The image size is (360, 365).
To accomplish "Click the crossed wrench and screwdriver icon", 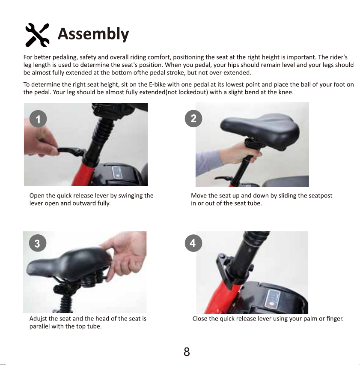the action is [x=37, y=35].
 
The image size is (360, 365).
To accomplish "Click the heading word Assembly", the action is [x=93, y=34].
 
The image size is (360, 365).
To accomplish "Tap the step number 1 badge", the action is [x=38, y=119].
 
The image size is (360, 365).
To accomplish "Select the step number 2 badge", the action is [x=193, y=119].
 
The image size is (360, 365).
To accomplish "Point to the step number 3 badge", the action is [x=38, y=243].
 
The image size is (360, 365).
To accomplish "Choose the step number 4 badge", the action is [x=193, y=243].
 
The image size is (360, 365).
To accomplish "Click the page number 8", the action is [x=187, y=352].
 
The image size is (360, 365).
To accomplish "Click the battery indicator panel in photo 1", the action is [x=117, y=173].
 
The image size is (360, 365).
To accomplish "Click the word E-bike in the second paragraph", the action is [x=157, y=84].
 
